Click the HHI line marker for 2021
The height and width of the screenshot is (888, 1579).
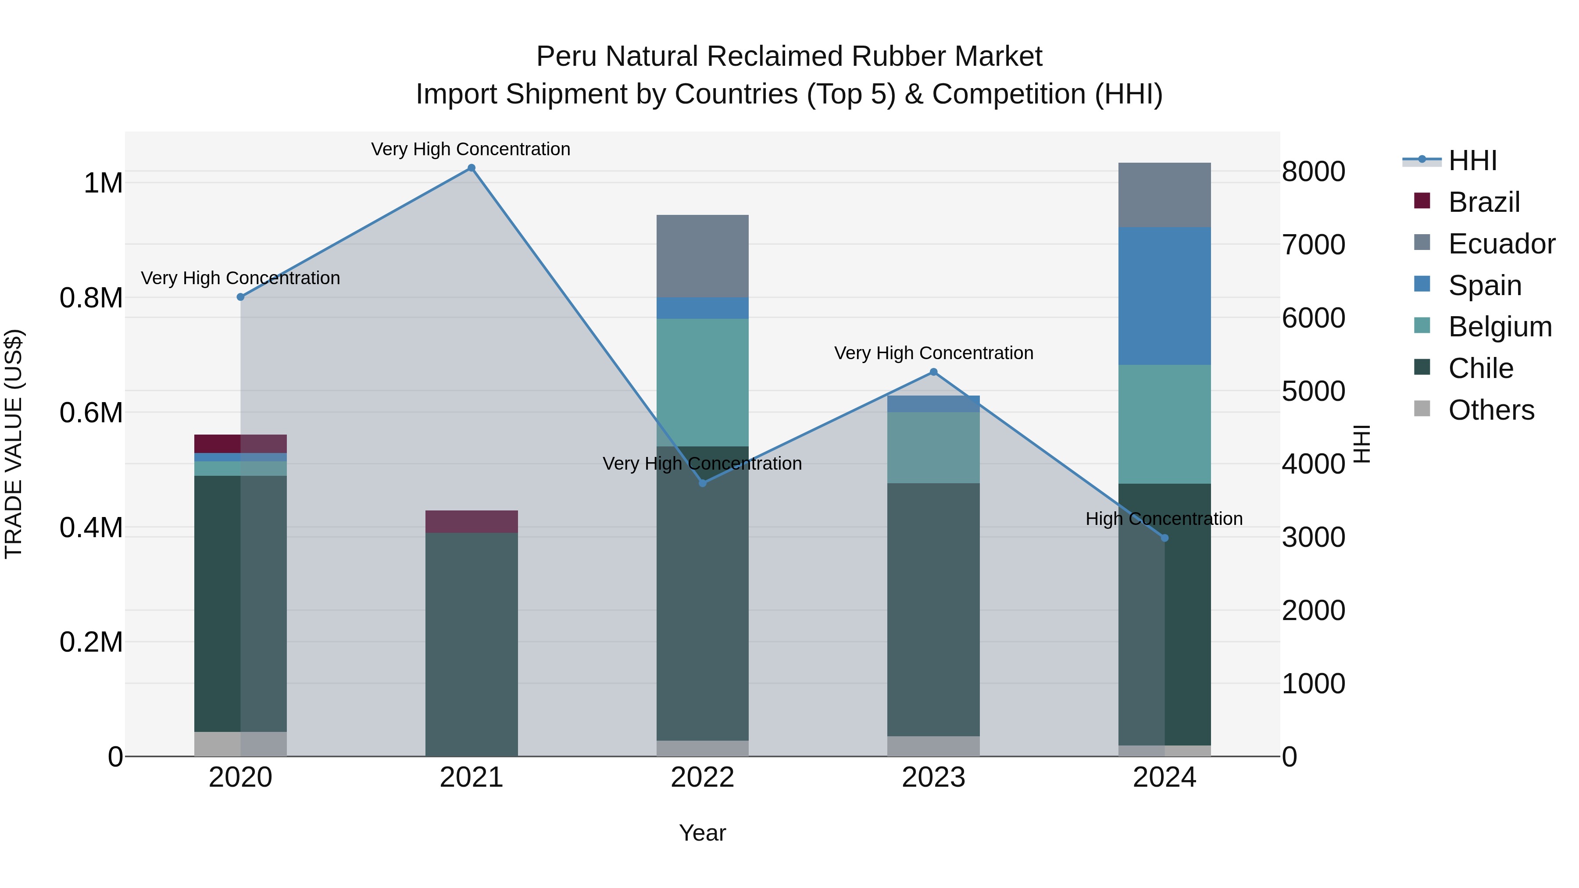click(472, 168)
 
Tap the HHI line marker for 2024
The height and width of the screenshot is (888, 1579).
click(1165, 538)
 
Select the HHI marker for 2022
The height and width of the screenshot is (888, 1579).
click(703, 484)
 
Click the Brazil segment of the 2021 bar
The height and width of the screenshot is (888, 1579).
click(472, 521)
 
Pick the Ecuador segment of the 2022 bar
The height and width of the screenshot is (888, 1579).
click(703, 256)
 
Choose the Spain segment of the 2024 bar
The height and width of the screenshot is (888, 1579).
click(1165, 296)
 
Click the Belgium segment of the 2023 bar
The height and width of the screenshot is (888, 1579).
click(933, 447)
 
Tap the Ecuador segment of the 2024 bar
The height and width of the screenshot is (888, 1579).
click(1165, 195)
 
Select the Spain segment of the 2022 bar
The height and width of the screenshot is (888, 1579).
click(703, 308)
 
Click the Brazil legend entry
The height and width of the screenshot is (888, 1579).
click(1483, 202)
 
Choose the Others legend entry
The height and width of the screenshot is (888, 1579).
click(1491, 410)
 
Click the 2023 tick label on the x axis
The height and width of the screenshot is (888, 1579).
click(933, 777)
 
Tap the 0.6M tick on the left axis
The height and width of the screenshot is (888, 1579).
click(91, 413)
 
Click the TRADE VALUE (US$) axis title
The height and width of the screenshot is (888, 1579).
click(14, 444)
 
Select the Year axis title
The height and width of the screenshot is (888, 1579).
click(703, 833)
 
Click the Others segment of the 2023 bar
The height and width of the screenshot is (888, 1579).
click(933, 746)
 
